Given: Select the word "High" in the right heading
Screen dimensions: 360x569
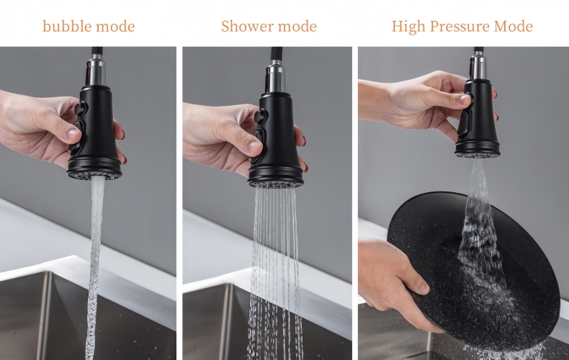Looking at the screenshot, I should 408,27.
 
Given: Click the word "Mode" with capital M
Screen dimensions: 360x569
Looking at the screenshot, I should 513,27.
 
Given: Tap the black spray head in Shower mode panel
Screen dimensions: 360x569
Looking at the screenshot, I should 277,137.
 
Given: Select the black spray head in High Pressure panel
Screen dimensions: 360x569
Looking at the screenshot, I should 477,115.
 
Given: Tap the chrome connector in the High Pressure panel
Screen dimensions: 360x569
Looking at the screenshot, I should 478,66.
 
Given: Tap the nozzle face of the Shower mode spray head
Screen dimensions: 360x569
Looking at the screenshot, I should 275,183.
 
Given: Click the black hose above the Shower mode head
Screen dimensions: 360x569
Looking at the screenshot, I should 274,55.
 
